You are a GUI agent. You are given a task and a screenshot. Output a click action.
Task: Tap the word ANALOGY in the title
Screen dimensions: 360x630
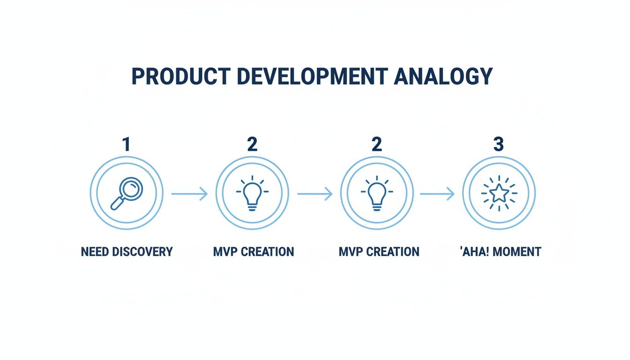coord(443,76)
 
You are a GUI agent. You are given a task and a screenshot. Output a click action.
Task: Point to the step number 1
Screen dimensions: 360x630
coord(126,144)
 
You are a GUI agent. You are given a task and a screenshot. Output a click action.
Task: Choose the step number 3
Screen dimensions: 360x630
coord(498,144)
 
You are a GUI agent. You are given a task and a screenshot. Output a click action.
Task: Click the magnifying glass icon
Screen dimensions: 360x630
coord(126,193)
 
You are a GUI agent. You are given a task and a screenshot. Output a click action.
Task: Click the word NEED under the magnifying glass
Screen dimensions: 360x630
coord(96,252)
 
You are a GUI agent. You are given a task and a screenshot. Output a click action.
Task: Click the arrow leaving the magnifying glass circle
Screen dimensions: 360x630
coord(189,193)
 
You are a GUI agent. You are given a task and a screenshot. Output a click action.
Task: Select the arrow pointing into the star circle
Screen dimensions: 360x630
coord(437,193)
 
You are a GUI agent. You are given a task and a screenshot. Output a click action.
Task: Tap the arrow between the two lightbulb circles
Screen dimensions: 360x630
coord(315,193)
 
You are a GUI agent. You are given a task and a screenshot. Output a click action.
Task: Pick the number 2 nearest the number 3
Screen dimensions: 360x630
coord(376,144)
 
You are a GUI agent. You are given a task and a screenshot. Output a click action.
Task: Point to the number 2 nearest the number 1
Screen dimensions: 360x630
coord(252,144)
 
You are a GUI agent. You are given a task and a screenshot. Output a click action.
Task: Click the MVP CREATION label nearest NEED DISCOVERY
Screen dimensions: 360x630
coord(254,252)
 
